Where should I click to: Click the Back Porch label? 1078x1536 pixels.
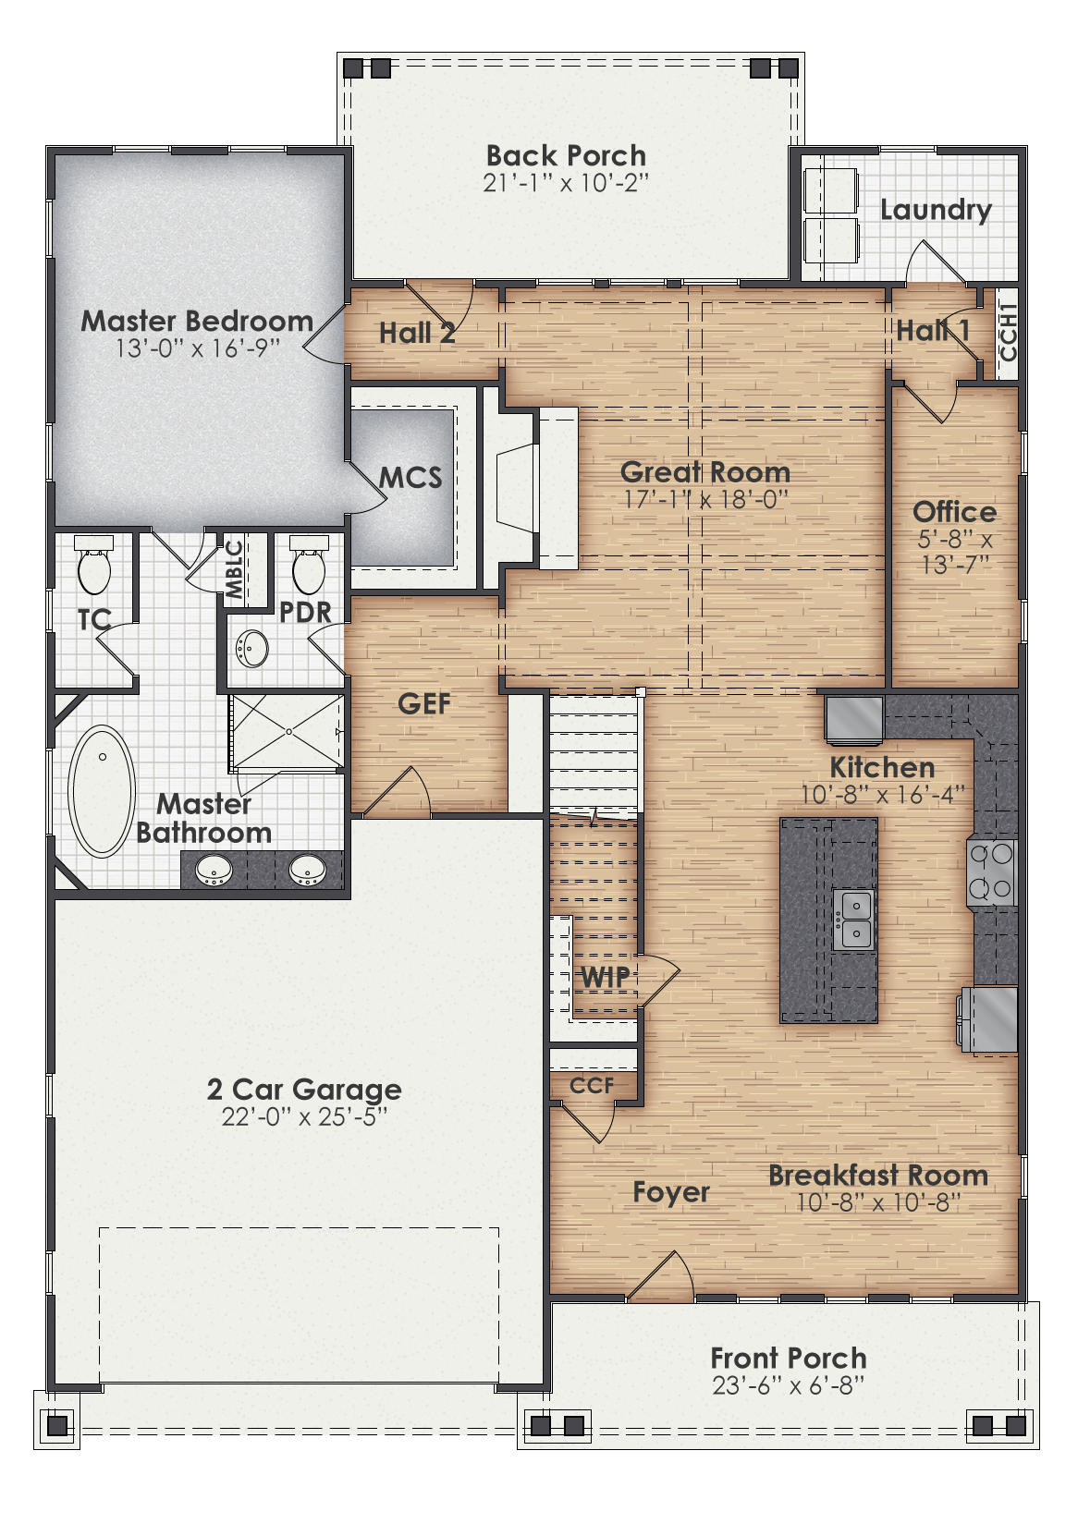(566, 155)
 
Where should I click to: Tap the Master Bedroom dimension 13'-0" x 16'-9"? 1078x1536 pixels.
(197, 348)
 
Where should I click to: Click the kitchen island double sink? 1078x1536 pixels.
(854, 920)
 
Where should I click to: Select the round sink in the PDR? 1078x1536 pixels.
(251, 648)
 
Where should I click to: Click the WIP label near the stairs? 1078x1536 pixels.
(605, 976)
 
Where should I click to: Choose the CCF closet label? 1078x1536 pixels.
(592, 1085)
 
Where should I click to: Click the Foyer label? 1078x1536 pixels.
(671, 1192)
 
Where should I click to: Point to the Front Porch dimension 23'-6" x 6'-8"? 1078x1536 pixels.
(789, 1384)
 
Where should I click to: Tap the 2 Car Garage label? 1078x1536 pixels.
(304, 1089)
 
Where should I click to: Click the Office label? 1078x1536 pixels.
(954, 512)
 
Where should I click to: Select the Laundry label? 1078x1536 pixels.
(936, 210)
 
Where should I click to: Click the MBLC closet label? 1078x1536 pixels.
(235, 569)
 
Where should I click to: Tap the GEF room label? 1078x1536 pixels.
(424, 703)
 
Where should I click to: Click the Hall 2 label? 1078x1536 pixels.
(417, 333)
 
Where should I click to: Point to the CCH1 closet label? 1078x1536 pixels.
(1008, 333)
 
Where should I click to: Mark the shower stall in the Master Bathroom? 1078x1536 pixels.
(287, 732)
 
